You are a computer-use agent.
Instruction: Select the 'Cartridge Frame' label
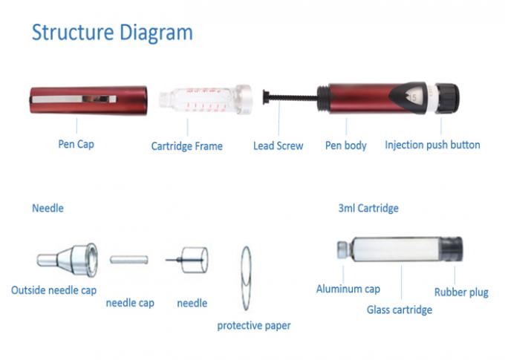point(186,146)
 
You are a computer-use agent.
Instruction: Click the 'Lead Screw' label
point(278,145)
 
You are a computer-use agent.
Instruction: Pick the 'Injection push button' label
point(432,145)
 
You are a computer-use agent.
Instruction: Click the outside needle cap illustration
point(67,259)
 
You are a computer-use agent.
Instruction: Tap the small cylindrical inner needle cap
point(129,260)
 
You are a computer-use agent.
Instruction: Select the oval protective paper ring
point(247,278)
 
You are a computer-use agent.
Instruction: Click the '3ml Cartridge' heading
point(368,209)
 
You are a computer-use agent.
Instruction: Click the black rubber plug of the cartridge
point(451,254)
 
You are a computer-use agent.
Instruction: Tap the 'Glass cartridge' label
point(399,310)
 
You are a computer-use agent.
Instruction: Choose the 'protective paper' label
point(254,325)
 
